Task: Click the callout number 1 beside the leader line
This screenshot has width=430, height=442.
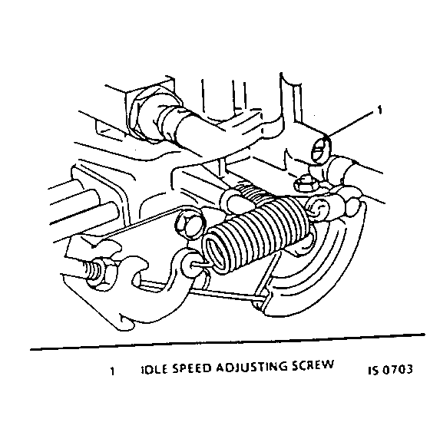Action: (x=379, y=113)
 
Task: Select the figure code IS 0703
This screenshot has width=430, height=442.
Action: (x=390, y=368)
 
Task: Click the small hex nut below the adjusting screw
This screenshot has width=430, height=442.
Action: (x=303, y=183)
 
